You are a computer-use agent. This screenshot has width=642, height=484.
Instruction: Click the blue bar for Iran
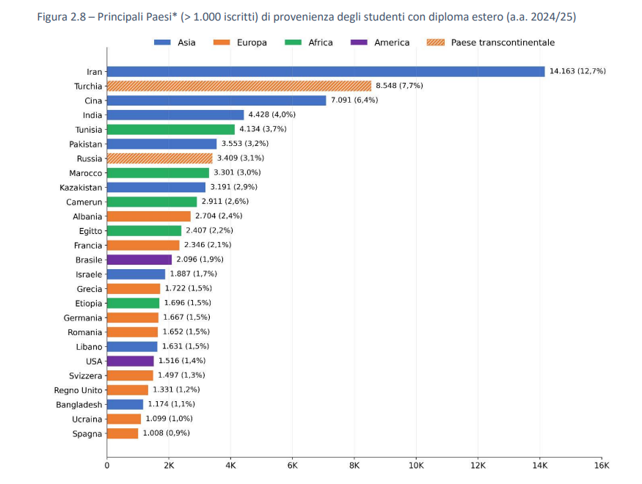point(326,72)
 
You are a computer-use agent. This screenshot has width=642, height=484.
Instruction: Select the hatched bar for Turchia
point(239,86)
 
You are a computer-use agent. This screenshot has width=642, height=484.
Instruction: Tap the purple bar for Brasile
point(139,260)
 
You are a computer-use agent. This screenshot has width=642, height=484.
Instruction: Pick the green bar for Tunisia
point(171,129)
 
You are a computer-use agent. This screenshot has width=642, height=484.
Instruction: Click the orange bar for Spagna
point(123,433)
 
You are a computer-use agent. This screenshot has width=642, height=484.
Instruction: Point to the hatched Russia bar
point(160,158)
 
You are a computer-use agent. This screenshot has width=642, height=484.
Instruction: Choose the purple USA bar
point(130,361)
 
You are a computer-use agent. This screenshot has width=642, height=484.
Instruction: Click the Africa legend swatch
point(293,43)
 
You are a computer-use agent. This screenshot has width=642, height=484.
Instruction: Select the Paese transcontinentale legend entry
point(491,43)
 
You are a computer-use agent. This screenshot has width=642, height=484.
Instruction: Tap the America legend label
point(392,43)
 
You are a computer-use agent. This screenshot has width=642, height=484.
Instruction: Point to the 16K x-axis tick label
point(602,466)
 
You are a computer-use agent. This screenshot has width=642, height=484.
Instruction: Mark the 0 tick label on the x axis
point(107,466)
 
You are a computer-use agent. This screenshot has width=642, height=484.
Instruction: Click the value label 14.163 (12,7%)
point(577,71)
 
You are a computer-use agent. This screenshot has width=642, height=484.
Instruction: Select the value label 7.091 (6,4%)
point(354,100)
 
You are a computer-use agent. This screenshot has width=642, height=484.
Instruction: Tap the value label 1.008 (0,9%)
point(167,433)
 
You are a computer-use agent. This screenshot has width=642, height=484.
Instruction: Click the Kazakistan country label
point(81,188)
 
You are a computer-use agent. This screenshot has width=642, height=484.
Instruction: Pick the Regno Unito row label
point(78,390)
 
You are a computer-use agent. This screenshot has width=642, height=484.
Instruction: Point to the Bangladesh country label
point(79,405)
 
